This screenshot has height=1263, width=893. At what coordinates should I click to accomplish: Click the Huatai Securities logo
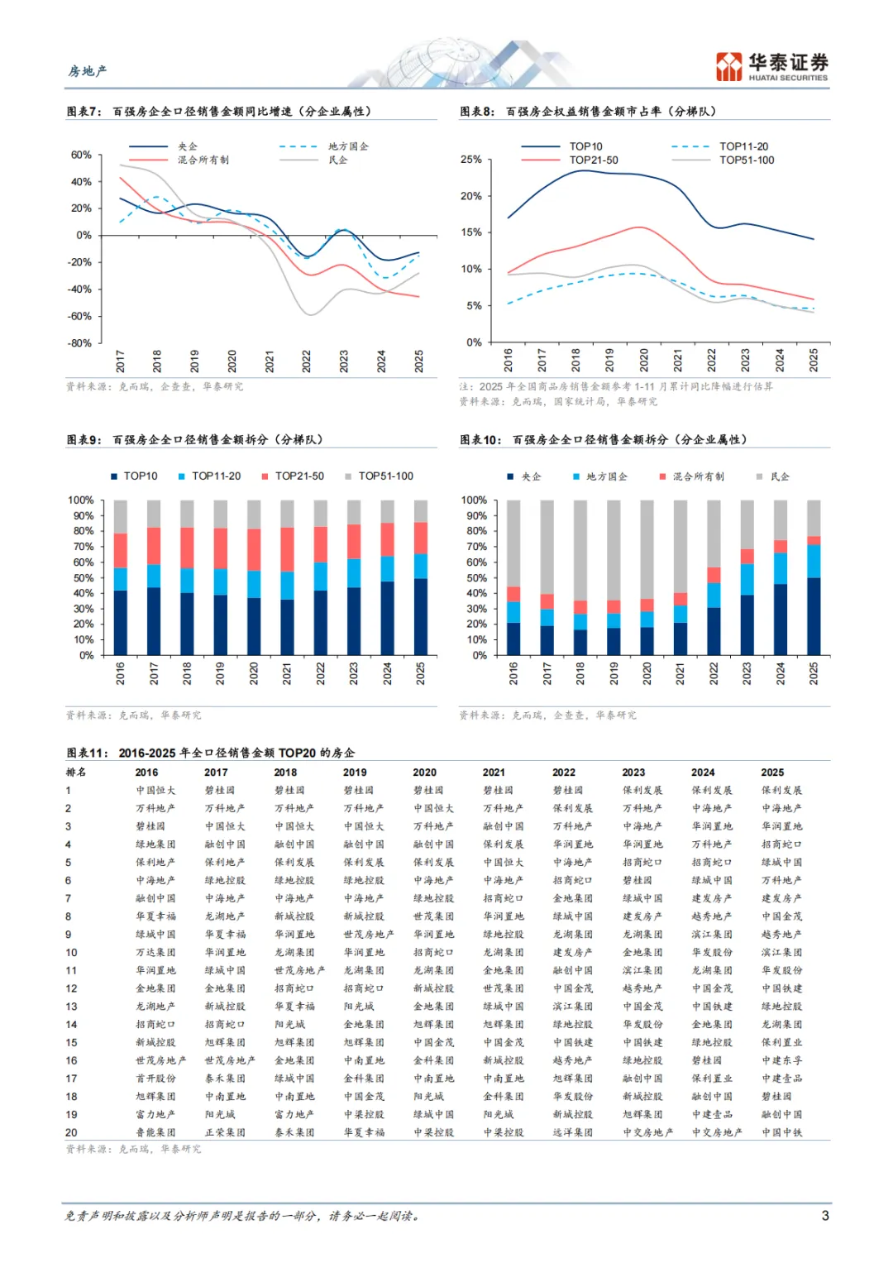[771, 66]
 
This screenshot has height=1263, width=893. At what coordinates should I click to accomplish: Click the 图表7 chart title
[219, 111]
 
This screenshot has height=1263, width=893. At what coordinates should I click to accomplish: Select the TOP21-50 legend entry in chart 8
[593, 160]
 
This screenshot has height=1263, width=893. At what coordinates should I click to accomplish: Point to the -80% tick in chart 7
[80, 342]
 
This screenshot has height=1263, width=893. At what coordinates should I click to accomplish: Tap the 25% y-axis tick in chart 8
[470, 159]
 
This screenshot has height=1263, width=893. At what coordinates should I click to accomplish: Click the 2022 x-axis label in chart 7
[307, 361]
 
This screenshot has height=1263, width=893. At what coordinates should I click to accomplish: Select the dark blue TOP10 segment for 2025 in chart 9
[421, 616]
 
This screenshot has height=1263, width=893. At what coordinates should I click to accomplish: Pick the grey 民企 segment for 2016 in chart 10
[513, 543]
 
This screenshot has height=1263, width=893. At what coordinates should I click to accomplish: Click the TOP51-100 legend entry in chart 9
[385, 476]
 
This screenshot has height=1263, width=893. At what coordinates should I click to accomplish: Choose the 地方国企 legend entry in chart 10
[606, 476]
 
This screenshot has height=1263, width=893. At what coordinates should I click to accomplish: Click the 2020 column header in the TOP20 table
[425, 773]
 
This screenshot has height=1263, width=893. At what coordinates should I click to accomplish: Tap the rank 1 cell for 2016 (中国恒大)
[155, 791]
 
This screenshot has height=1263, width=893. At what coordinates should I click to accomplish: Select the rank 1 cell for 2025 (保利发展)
[781, 791]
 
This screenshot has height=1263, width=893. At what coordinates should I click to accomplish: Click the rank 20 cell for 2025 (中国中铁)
[781, 1132]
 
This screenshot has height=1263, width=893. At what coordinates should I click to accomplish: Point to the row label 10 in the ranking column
[72, 952]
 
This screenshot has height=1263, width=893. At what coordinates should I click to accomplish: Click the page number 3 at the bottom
[825, 1215]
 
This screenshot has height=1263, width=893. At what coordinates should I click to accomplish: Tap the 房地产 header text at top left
[88, 71]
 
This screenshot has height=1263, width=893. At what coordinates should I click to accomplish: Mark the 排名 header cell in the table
[75, 773]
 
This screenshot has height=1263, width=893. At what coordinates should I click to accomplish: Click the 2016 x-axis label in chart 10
[513, 672]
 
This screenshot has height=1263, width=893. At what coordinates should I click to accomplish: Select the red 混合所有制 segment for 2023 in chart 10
[747, 556]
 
